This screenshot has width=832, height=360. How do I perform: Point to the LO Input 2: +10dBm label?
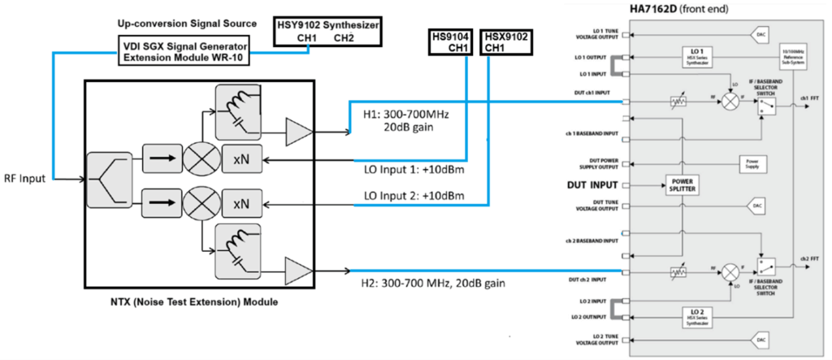tap(413, 196)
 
